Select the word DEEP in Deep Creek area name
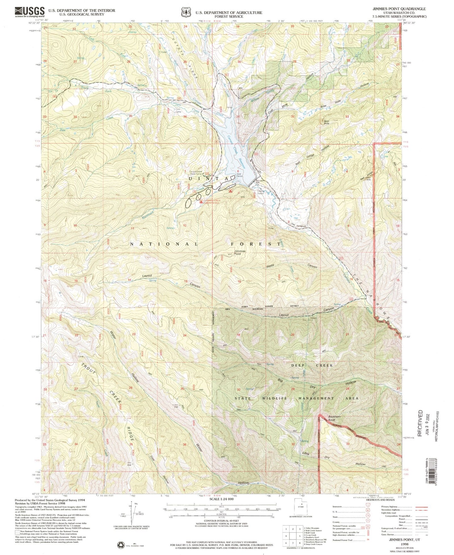(299, 365)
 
